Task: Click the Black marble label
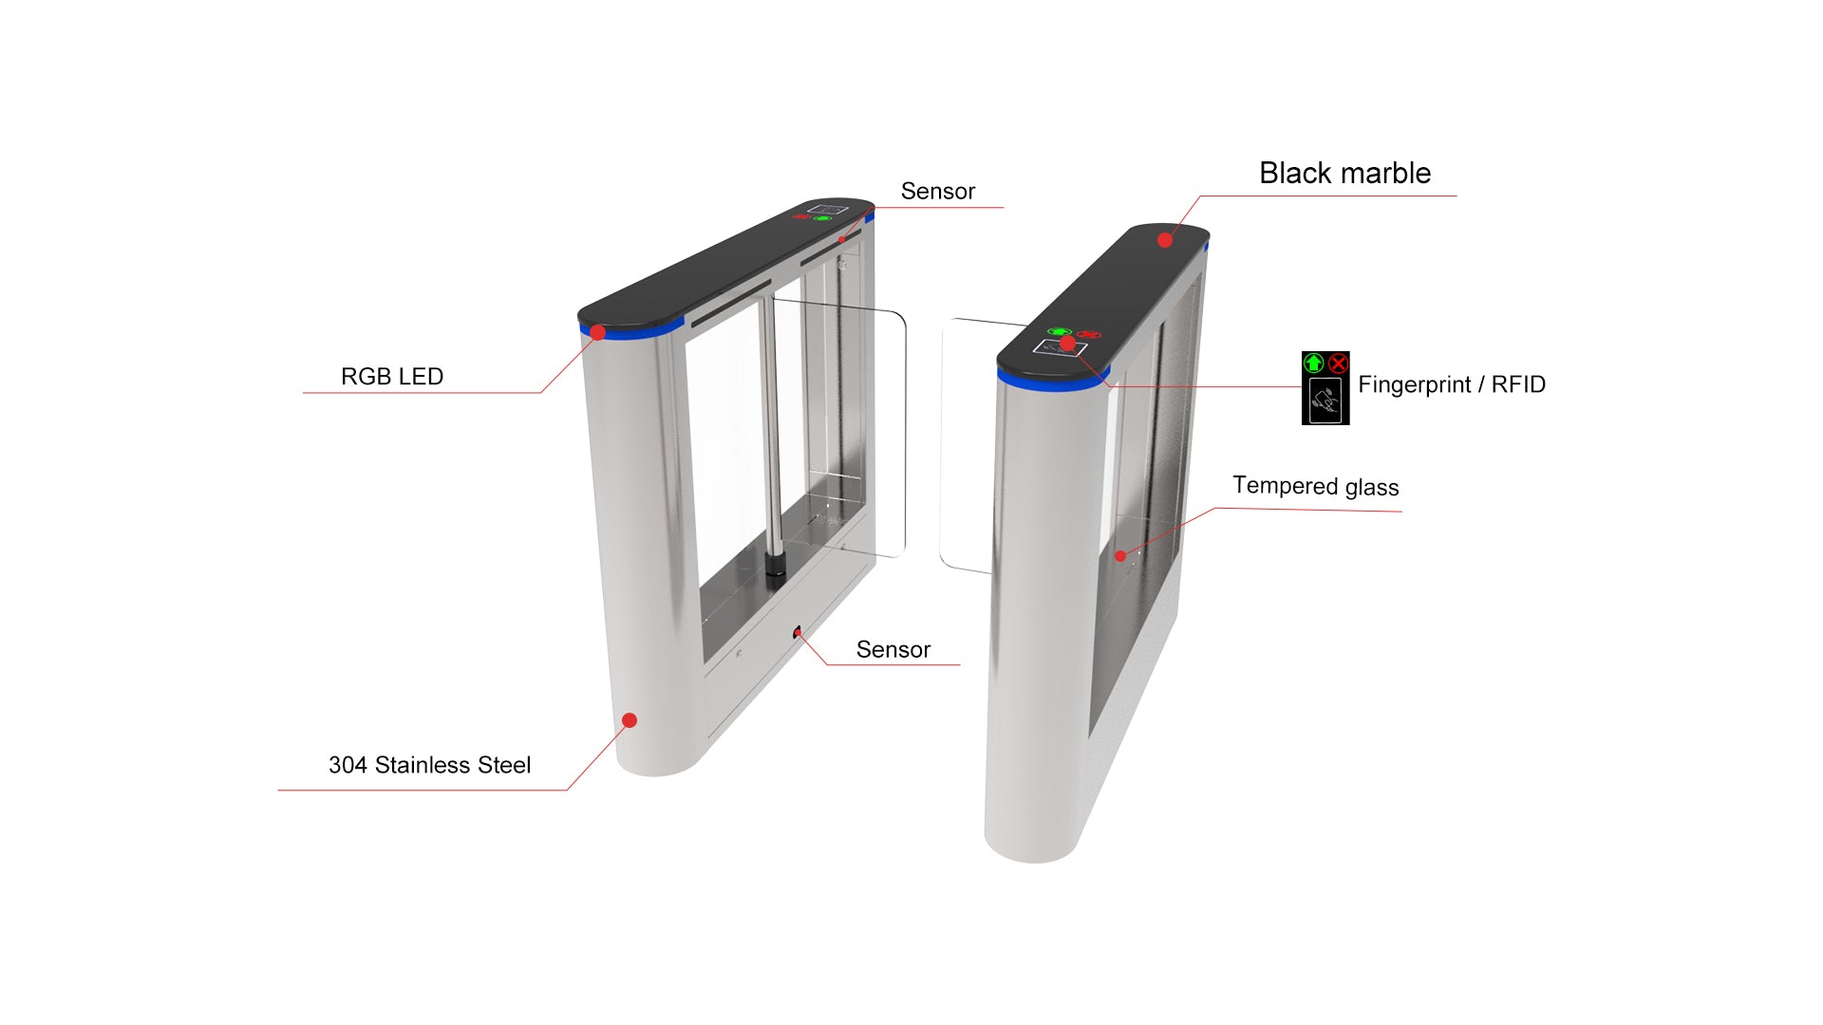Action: pyautogui.click(x=1344, y=174)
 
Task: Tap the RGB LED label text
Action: pyautogui.click(x=392, y=377)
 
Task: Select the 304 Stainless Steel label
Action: pyautogui.click(x=429, y=765)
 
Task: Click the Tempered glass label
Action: pyautogui.click(x=1315, y=486)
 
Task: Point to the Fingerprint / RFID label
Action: pyautogui.click(x=1451, y=384)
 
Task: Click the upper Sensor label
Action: pyautogui.click(x=937, y=192)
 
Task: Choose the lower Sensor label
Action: pyautogui.click(x=893, y=649)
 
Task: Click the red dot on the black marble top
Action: pyautogui.click(x=1165, y=240)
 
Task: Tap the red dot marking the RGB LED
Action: pyautogui.click(x=598, y=332)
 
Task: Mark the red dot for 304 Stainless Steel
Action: pyautogui.click(x=629, y=720)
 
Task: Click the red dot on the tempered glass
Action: pyautogui.click(x=1120, y=556)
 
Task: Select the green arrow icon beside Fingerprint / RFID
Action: pyautogui.click(x=1314, y=363)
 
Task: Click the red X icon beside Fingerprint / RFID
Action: pyautogui.click(x=1338, y=363)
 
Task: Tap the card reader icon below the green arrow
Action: pyautogui.click(x=1325, y=401)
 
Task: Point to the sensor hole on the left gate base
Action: pyautogui.click(x=797, y=631)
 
